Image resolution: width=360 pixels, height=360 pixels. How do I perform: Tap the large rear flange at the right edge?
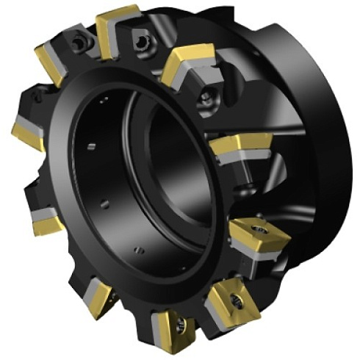331,132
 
